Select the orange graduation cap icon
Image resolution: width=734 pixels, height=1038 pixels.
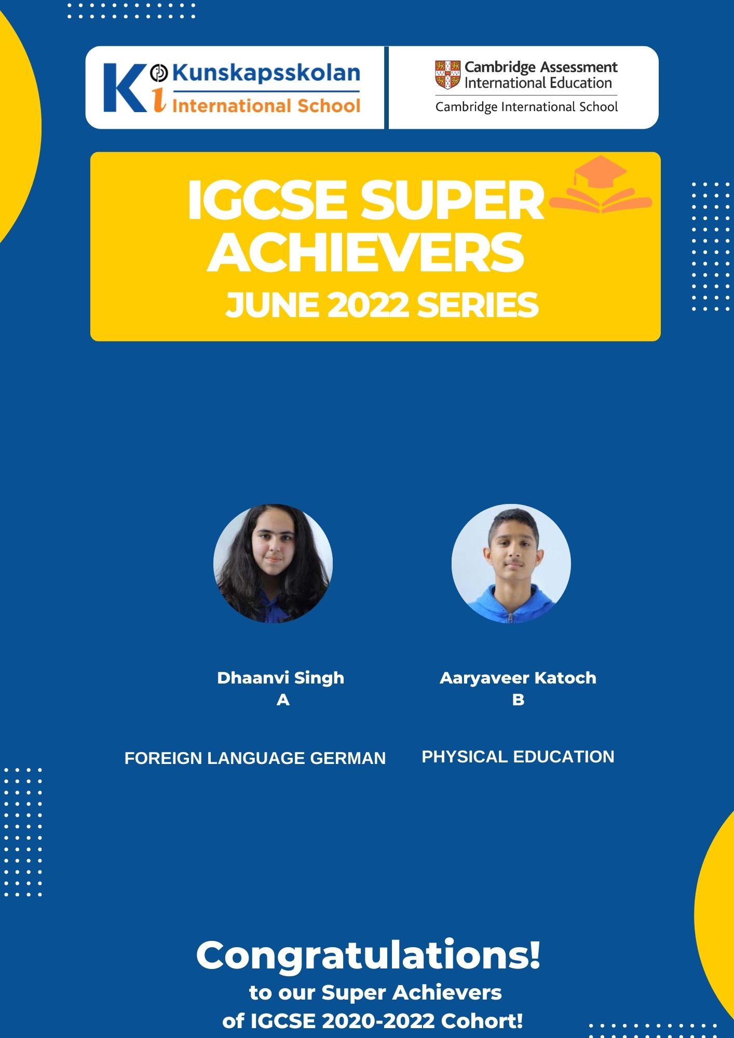tap(600, 184)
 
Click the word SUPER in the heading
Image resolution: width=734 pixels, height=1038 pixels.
tap(452, 200)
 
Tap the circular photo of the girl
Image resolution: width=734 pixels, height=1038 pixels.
tap(273, 564)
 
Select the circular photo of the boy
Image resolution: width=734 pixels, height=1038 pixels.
tap(511, 564)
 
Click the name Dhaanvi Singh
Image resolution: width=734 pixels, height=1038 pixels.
tap(281, 678)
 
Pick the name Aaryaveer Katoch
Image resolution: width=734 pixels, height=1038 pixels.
tap(518, 678)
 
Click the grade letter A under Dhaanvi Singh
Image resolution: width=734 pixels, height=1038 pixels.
tap(283, 700)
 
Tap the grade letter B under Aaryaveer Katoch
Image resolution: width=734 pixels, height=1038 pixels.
tap(518, 700)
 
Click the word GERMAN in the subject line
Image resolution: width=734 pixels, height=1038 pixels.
tap(348, 758)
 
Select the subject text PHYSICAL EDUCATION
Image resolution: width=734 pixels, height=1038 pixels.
tap(518, 757)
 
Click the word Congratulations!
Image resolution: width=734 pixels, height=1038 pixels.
tap(369, 955)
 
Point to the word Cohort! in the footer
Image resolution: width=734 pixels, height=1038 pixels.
tap(482, 1021)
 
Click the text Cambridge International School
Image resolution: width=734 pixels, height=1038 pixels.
tap(526, 107)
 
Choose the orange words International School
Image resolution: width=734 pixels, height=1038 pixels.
tap(266, 106)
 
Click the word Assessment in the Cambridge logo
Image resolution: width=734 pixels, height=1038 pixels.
tap(579, 67)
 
